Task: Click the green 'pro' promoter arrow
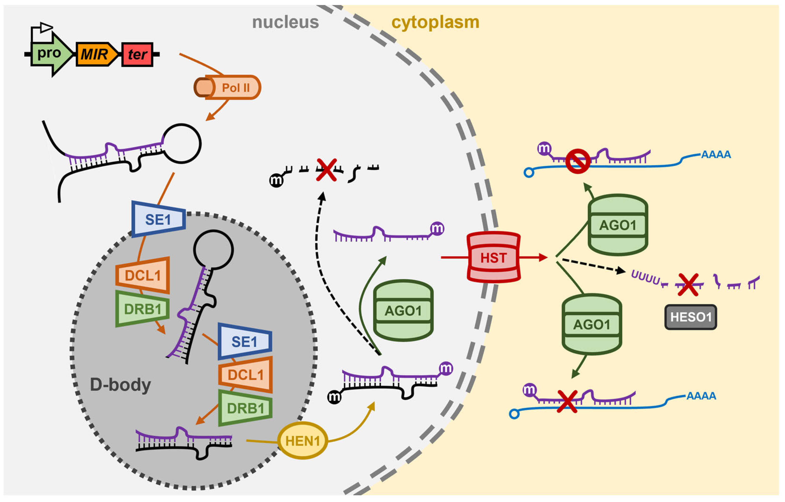tap(50, 54)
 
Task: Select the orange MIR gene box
tap(96, 54)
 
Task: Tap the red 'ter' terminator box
tap(137, 54)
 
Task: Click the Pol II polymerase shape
tap(228, 87)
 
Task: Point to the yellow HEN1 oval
tap(303, 441)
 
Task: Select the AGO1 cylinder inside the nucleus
tap(403, 311)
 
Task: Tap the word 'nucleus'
tap(286, 22)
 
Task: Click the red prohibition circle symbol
tap(578, 161)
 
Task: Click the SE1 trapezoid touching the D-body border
tap(159, 219)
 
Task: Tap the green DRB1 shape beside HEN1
tap(245, 408)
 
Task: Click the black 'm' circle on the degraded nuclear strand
tap(276, 180)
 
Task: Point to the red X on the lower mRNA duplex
tap(567, 402)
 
